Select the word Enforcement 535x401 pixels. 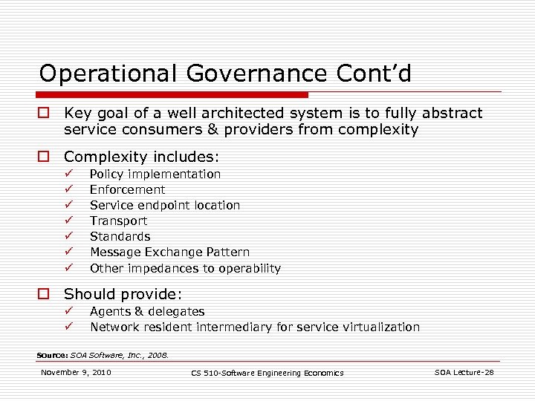127,189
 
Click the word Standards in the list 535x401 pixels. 120,236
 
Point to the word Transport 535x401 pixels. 118,221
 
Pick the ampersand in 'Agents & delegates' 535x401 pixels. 136,311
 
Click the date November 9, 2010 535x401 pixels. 76,372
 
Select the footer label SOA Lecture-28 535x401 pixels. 464,372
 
